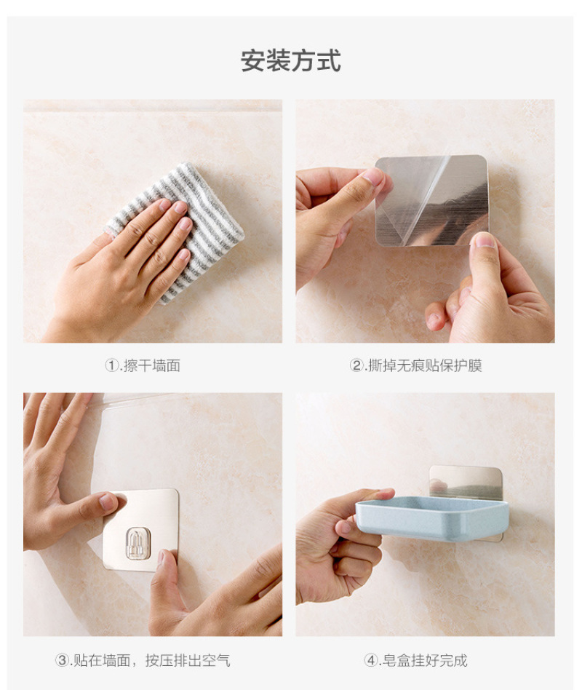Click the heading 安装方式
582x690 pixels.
(x=291, y=60)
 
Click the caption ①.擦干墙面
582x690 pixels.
(x=143, y=365)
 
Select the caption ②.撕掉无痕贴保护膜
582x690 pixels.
(x=416, y=365)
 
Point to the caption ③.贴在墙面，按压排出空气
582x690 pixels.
(x=143, y=660)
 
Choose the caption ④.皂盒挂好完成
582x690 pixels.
(x=415, y=660)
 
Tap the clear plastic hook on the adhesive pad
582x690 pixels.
(x=138, y=544)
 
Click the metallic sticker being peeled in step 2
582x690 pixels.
(x=431, y=200)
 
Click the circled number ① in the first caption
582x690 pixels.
(x=111, y=365)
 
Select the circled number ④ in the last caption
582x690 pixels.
(x=370, y=660)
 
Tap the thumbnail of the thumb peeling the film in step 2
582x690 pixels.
(x=485, y=240)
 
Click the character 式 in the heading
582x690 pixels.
(x=329, y=60)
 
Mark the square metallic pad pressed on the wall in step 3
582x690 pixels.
(x=140, y=530)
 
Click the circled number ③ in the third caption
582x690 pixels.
(x=62, y=660)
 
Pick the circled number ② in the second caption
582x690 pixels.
(x=356, y=365)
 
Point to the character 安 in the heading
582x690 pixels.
(x=252, y=60)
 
